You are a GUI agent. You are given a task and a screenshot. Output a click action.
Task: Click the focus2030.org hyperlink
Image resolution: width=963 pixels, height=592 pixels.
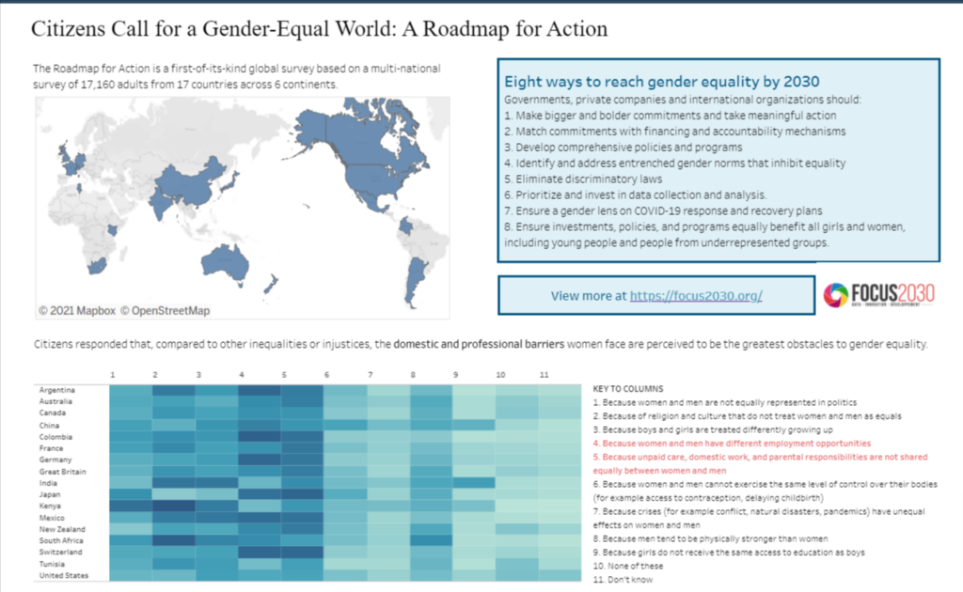click(x=695, y=295)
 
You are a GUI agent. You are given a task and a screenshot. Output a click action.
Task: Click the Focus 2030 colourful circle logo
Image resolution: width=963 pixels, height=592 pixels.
click(x=835, y=295)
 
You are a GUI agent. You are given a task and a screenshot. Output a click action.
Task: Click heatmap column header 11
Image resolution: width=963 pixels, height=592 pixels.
click(x=544, y=375)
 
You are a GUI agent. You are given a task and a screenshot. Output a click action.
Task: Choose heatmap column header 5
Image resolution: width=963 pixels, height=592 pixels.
click(x=284, y=375)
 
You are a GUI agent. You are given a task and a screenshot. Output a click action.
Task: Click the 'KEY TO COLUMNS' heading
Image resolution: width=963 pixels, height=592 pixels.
click(x=628, y=388)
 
